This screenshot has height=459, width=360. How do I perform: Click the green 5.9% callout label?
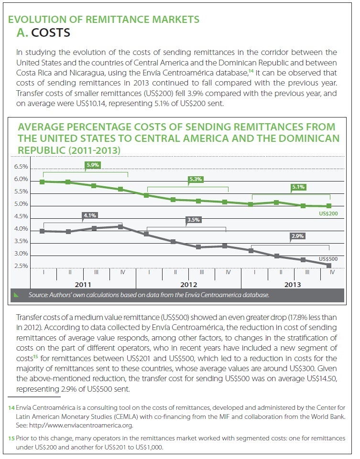tap(93, 165)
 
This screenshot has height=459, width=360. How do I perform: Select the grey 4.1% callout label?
tap(90, 216)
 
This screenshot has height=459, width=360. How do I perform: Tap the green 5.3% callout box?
tap(196, 179)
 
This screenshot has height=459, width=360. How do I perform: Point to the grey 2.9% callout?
tap(297, 236)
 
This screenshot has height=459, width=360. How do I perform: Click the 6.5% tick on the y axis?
tap(21, 167)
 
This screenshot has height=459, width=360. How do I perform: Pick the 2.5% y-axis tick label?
tap(21, 267)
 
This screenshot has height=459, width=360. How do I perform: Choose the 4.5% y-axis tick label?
tap(21, 217)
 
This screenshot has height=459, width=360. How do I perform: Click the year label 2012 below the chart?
tap(189, 285)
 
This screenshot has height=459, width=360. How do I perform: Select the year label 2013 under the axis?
tap(293, 285)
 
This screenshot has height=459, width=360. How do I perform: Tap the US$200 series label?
tap(328, 213)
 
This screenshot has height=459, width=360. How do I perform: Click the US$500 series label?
tap(328, 259)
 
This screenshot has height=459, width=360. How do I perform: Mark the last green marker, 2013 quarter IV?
tap(329, 206)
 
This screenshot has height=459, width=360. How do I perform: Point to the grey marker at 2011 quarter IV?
tap(120, 226)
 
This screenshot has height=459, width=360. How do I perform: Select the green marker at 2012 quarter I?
tap(147, 195)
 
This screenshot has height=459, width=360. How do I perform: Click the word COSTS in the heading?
tap(51, 33)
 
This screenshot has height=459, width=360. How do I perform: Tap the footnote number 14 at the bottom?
tap(11, 408)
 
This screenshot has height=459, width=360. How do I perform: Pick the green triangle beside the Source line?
tap(16, 295)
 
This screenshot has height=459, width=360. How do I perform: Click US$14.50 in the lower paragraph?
tap(322, 379)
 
